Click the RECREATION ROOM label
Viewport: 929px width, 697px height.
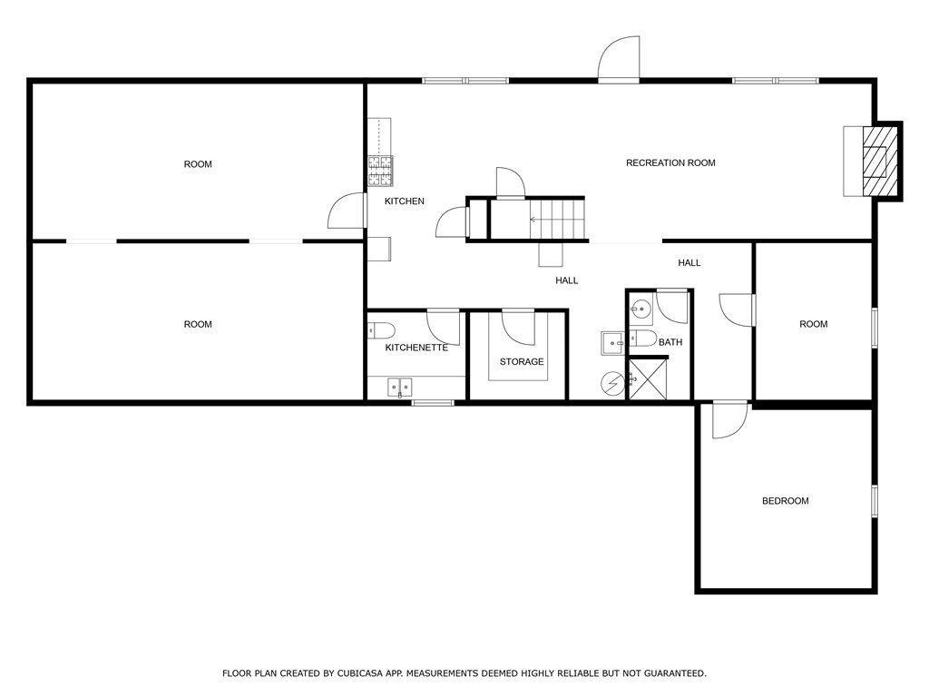pyautogui.click(x=670, y=163)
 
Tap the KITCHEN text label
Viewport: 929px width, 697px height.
pyautogui.click(x=404, y=201)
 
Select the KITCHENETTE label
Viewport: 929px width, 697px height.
pyautogui.click(x=416, y=348)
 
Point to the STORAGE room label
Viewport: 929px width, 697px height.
pyautogui.click(x=522, y=362)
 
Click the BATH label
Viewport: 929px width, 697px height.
pyautogui.click(x=670, y=342)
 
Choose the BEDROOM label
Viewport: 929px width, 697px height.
pyautogui.click(x=785, y=501)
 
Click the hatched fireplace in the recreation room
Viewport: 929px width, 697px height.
pyautogui.click(x=876, y=161)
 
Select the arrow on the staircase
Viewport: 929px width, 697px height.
pyautogui.click(x=534, y=219)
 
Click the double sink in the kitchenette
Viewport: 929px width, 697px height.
pyautogui.click(x=399, y=388)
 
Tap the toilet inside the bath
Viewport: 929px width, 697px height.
pyautogui.click(x=642, y=339)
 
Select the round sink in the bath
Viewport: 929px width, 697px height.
pyautogui.click(x=641, y=309)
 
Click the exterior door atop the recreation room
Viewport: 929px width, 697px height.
pyautogui.click(x=619, y=60)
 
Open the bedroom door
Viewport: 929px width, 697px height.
pyautogui.click(x=729, y=419)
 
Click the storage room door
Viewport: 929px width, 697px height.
pyautogui.click(x=518, y=326)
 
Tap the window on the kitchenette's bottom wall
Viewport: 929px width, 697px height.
pyautogui.click(x=433, y=402)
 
